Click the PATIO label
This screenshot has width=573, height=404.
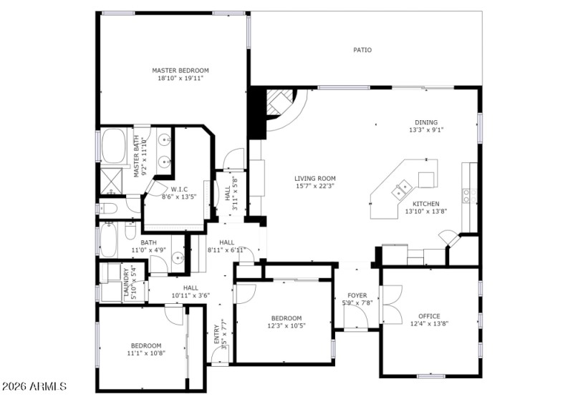pos(362,50)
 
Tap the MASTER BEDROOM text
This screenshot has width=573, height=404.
pos(180,70)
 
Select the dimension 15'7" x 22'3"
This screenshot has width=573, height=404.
pos(314,186)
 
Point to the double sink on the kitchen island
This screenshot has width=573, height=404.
pos(400,190)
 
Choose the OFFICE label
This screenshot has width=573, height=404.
pos(429,315)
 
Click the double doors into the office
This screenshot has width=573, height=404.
pos(390,304)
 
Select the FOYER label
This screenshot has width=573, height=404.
pos(357,295)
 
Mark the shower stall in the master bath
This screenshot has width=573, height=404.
pos(113,181)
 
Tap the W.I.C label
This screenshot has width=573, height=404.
pos(179,189)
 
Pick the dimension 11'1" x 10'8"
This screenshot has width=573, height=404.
pos(145,353)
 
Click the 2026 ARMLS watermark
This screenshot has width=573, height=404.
pos(34,387)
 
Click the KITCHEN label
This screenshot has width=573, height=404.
pos(425,204)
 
